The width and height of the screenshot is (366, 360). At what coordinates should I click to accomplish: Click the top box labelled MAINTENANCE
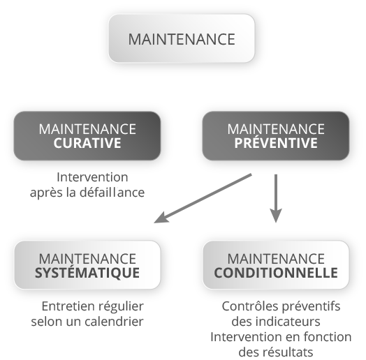pyautogui.click(x=182, y=38)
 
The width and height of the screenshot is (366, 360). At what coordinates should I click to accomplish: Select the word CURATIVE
pyautogui.click(x=87, y=143)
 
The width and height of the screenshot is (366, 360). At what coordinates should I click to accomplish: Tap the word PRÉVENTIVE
pyautogui.click(x=276, y=142)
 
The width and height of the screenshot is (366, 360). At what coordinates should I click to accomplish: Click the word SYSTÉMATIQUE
pyautogui.click(x=87, y=272)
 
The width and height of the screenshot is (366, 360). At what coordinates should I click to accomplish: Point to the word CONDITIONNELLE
pyautogui.click(x=276, y=273)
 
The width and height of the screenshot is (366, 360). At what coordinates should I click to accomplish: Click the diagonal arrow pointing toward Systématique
pyautogui.click(x=203, y=198)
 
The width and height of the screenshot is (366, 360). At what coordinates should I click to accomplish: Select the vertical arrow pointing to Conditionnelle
pyautogui.click(x=276, y=198)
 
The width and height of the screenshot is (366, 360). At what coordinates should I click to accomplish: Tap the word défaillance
pyautogui.click(x=112, y=193)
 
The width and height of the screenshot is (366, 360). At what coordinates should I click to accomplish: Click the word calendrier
pyautogui.click(x=114, y=322)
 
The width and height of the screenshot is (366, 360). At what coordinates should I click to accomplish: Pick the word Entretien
pyautogui.click(x=68, y=306)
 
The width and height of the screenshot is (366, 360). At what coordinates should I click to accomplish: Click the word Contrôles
pyautogui.click(x=250, y=306)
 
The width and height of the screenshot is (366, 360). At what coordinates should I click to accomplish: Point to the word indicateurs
pyautogui.click(x=288, y=322)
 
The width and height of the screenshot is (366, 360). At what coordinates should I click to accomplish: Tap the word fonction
pyautogui.click(x=328, y=337)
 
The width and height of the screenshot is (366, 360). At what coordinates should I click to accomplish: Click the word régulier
pyautogui.click(x=121, y=306)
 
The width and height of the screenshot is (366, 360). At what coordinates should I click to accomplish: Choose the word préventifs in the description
pyautogui.click(x=311, y=306)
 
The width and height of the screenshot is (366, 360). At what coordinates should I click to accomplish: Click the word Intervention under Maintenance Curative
pyautogui.click(x=92, y=177)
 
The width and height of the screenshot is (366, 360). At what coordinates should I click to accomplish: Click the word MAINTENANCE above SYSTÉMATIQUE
pyautogui.click(x=87, y=259)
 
